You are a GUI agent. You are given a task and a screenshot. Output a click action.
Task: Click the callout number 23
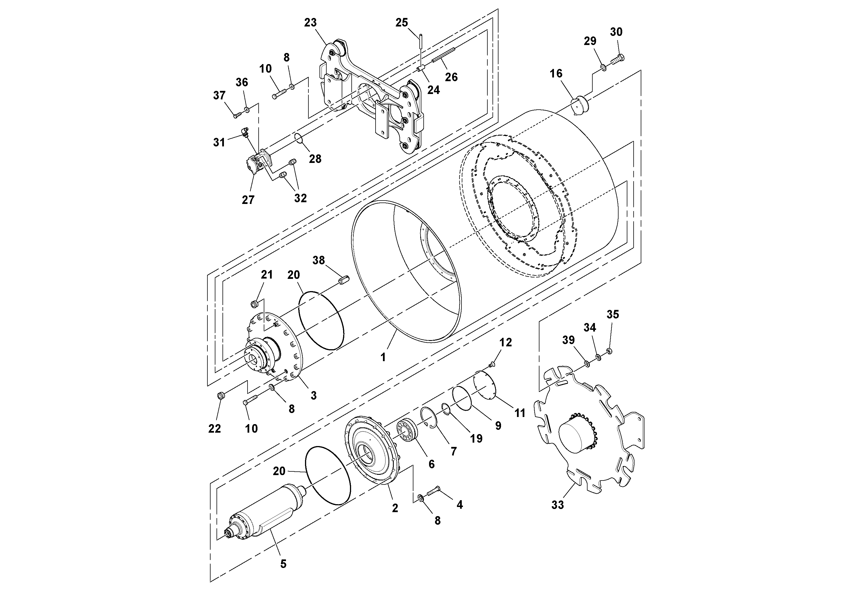click(x=310, y=23)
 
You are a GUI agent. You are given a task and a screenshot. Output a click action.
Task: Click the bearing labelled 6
click(x=407, y=431)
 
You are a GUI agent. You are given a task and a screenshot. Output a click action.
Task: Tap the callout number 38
click(x=319, y=260)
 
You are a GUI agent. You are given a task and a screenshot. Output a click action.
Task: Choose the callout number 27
click(x=248, y=200)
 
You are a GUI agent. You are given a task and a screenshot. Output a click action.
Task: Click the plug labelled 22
click(x=220, y=396)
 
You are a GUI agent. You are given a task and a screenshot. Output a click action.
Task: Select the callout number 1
click(x=383, y=357)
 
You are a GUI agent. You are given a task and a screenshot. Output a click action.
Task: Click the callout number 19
click(x=476, y=438)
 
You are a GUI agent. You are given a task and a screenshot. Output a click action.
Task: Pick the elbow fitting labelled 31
click(x=245, y=132)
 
